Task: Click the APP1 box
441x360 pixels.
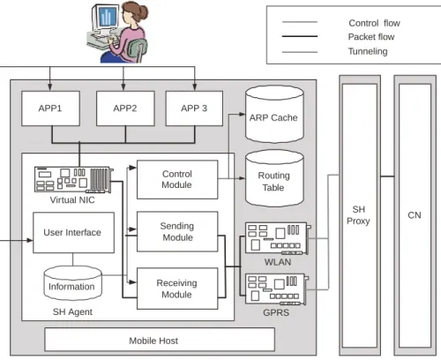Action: (x=50, y=109)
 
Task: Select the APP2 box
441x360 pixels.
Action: (x=125, y=109)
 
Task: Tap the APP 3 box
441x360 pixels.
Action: (x=194, y=109)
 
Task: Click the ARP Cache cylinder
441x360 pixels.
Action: (x=274, y=114)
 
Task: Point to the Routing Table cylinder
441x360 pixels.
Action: (x=274, y=178)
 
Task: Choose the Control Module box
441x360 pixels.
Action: (x=177, y=179)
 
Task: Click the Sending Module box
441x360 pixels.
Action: (x=177, y=231)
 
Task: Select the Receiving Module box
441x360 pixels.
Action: (x=177, y=289)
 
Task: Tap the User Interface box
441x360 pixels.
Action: (x=73, y=232)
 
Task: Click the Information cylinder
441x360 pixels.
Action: (x=72, y=283)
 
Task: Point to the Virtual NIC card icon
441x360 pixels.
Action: (x=74, y=180)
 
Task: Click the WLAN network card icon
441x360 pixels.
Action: (x=278, y=238)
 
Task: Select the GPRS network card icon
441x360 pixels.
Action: (x=277, y=289)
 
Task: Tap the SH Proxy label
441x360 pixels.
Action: (x=358, y=215)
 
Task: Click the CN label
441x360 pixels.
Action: (x=415, y=215)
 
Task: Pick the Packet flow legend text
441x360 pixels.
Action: (x=371, y=37)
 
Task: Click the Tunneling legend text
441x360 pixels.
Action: (x=368, y=51)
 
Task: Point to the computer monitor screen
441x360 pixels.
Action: (x=105, y=17)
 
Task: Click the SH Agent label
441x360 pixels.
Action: (x=72, y=311)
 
